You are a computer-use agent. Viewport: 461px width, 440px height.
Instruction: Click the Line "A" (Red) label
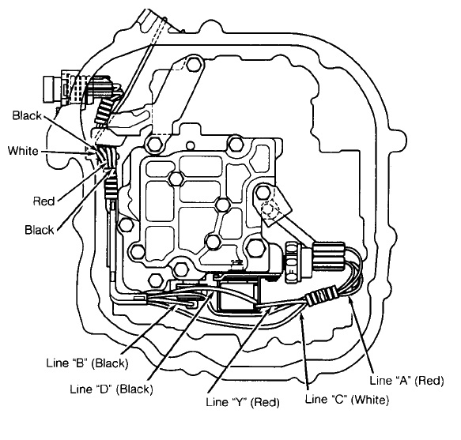pyautogui.click(x=406, y=381)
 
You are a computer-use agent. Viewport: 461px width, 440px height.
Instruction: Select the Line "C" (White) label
pyautogui.click(x=347, y=400)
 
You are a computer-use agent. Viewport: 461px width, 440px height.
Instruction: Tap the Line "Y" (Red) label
pyautogui.click(x=243, y=402)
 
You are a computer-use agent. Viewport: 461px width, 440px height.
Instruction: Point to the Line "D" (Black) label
pyautogui.click(x=111, y=389)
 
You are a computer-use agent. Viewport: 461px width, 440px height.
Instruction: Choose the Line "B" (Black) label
pyautogui.click(x=87, y=363)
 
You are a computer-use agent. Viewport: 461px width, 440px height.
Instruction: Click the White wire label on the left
pyautogui.click(x=23, y=151)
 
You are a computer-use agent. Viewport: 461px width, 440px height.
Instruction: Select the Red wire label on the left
pyautogui.click(x=43, y=201)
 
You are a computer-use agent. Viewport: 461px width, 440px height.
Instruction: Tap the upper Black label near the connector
pyautogui.click(x=27, y=116)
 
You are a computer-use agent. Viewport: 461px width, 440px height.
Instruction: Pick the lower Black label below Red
pyautogui.click(x=40, y=230)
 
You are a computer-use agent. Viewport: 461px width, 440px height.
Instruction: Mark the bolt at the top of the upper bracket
pyautogui.click(x=193, y=64)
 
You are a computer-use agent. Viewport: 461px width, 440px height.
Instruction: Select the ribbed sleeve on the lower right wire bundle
pyautogui.click(x=321, y=295)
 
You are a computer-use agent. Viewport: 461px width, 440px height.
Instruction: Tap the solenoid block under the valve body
pyautogui.click(x=239, y=295)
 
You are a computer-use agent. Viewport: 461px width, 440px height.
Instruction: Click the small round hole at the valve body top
pyautogui.click(x=191, y=145)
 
